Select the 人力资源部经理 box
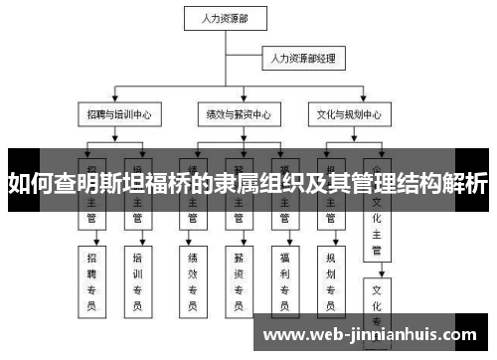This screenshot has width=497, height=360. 301,60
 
